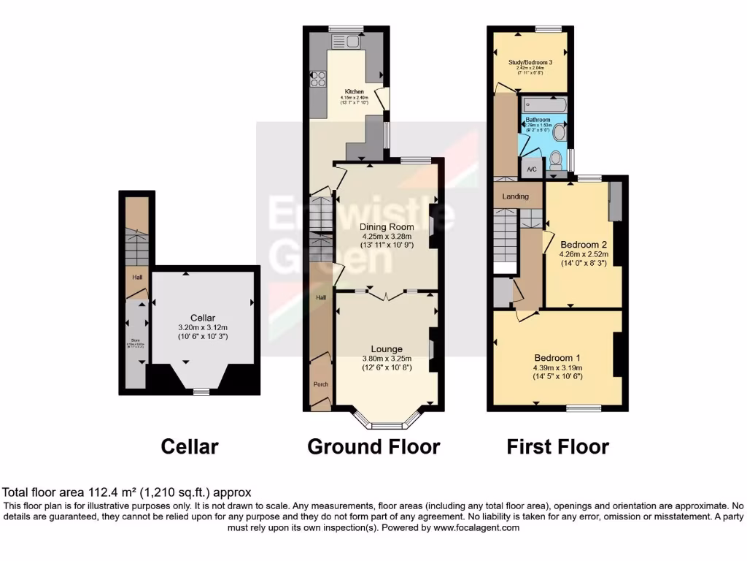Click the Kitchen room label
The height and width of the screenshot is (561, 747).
coord(355,92)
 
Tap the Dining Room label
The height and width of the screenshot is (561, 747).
coord(387,226)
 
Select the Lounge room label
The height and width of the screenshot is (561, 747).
coord(387,349)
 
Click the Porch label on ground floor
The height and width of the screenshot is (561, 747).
coord(320,384)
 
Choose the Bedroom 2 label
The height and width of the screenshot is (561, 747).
coord(584,244)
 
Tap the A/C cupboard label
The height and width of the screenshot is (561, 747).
coord(532,169)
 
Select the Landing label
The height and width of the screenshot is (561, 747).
coord(515,196)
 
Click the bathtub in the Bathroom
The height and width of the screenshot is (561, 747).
coord(545,107)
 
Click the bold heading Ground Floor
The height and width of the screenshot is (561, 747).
coord(373,446)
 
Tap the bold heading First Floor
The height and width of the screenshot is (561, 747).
coord(557,446)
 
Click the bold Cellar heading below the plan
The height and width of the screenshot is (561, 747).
coord(189,446)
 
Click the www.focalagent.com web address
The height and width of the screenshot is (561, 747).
coord(467,527)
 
